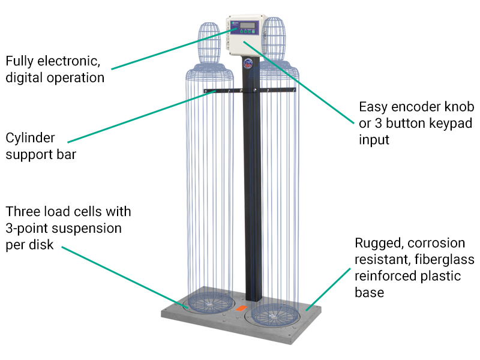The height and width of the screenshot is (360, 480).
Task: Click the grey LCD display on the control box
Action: tap(248, 25)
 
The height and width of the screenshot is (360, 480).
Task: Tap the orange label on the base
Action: tap(241, 308)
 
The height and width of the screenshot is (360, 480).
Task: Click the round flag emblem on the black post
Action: tap(248, 64)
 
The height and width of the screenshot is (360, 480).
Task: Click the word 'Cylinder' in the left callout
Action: tap(31, 139)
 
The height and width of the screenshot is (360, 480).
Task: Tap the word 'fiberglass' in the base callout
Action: tap(444, 260)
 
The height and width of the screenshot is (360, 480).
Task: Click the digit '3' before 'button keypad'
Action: tap(379, 124)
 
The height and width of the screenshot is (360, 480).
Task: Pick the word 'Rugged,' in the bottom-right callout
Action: tap(380, 244)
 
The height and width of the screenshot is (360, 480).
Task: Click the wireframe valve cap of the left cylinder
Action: tap(209, 43)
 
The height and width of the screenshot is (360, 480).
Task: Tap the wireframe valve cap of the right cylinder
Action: tap(274, 39)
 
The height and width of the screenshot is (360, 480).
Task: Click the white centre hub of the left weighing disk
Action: tap(209, 304)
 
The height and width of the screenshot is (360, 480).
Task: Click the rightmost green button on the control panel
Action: tap(253, 32)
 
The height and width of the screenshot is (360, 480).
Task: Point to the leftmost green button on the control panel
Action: tap(241, 31)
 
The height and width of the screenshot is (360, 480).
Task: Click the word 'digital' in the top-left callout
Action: tap(25, 78)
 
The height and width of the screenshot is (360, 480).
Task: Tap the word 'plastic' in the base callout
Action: tap(440, 277)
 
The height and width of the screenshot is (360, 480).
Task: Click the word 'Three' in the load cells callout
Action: tap(23, 212)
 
